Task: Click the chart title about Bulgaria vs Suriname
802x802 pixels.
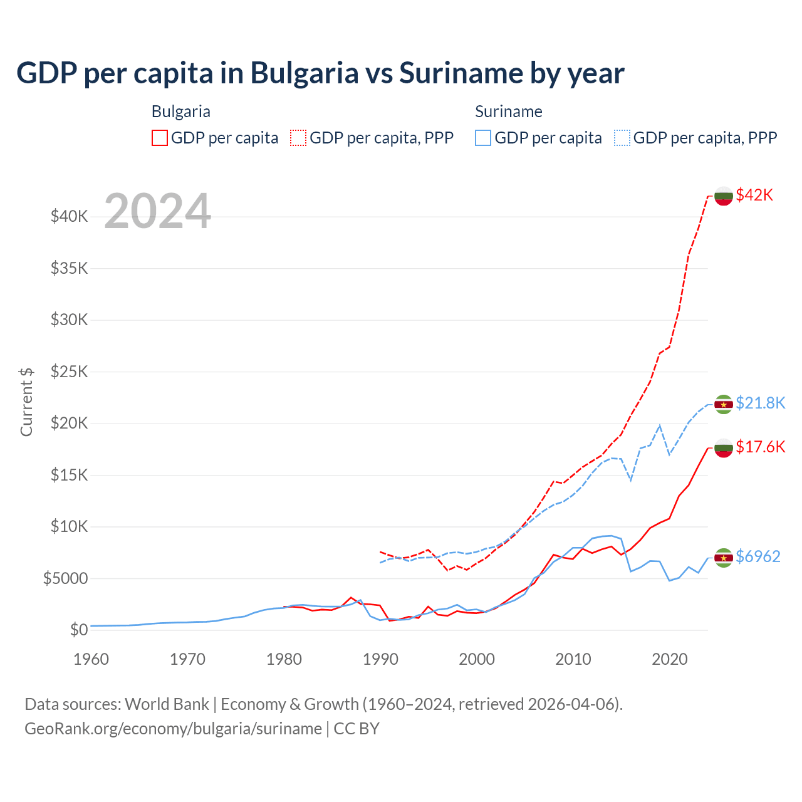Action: coord(320,73)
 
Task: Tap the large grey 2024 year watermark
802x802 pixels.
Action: coord(157,211)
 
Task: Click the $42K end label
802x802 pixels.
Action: coord(754,195)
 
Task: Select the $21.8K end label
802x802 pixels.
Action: coord(760,403)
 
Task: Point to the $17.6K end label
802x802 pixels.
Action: coord(760,447)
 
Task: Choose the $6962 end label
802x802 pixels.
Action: coord(758,556)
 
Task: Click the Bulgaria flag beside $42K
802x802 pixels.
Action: coord(724,195)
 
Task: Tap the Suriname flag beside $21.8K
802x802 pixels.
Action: coord(724,404)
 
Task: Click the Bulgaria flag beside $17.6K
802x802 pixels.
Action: coord(724,447)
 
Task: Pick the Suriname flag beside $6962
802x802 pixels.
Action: coord(724,557)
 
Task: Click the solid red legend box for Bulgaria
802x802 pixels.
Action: coord(160,138)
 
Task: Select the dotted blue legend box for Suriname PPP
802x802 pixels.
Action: coord(622,138)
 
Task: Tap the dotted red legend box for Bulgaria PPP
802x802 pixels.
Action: coord(298,138)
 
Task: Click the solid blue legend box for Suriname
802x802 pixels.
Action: coord(483,138)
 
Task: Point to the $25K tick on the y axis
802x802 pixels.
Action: coord(69,372)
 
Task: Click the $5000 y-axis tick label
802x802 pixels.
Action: coord(65,578)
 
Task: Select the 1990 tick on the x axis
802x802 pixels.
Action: coord(380,659)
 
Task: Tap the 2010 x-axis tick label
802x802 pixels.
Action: coord(573,659)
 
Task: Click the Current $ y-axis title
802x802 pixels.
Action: coord(26,402)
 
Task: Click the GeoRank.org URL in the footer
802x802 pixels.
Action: coord(173,729)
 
